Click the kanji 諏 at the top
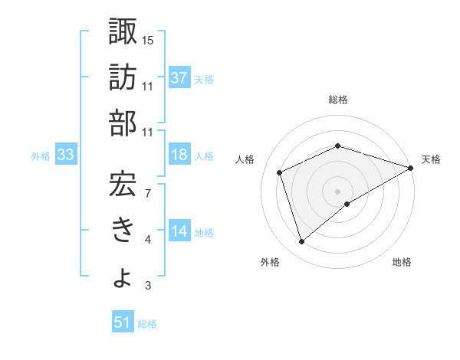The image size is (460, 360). pyautogui.click(x=123, y=32)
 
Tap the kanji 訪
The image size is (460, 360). pyautogui.click(x=123, y=77)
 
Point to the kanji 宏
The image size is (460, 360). pyautogui.click(x=123, y=181)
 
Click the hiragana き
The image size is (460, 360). pyautogui.click(x=123, y=229)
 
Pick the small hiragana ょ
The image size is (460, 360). pyautogui.click(x=123, y=277)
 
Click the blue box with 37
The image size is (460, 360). pyautogui.click(x=179, y=77)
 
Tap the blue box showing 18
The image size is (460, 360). pyautogui.click(x=179, y=155)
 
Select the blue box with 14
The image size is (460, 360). pyautogui.click(x=179, y=232)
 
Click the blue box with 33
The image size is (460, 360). pyautogui.click(x=65, y=155)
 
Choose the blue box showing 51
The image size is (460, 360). pyautogui.click(x=122, y=323)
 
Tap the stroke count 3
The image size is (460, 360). pyautogui.click(x=148, y=286)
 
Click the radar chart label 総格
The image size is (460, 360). pyautogui.click(x=338, y=100)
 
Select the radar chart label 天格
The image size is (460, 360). pyautogui.click(x=431, y=159)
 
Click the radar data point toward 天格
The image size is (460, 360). pyautogui.click(x=411, y=167)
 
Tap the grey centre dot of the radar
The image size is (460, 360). pyautogui.click(x=337, y=191)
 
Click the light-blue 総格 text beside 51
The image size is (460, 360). pyautogui.click(x=147, y=324)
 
